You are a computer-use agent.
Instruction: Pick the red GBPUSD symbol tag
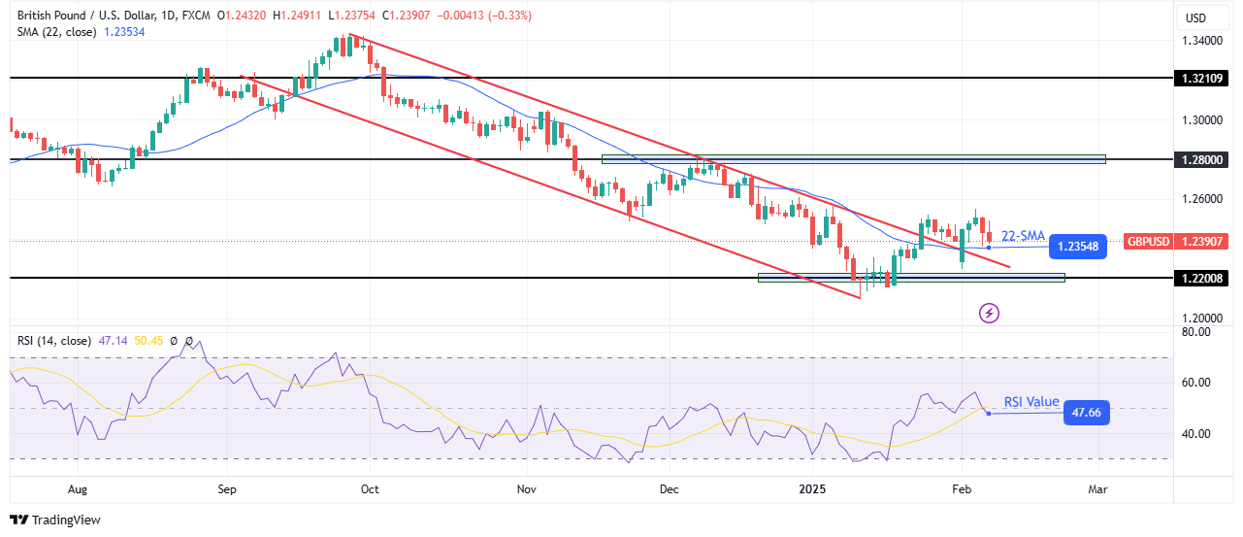[x=1148, y=241]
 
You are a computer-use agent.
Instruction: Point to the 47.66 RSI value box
[x=1085, y=413]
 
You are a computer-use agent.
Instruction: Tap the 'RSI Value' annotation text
[x=1031, y=402]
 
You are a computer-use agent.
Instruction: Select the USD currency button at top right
[x=1195, y=17]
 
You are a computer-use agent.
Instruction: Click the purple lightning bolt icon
[x=989, y=313]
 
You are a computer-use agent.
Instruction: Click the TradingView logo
[x=55, y=520]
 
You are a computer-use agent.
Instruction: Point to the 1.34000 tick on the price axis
[x=1202, y=41]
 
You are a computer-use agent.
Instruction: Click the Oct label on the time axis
[x=370, y=490]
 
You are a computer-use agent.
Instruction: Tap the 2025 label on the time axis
[x=813, y=490]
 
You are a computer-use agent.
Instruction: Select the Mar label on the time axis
[x=1098, y=490]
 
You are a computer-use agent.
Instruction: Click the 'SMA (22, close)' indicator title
[x=54, y=33]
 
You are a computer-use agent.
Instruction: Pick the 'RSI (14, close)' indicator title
[x=54, y=341]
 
